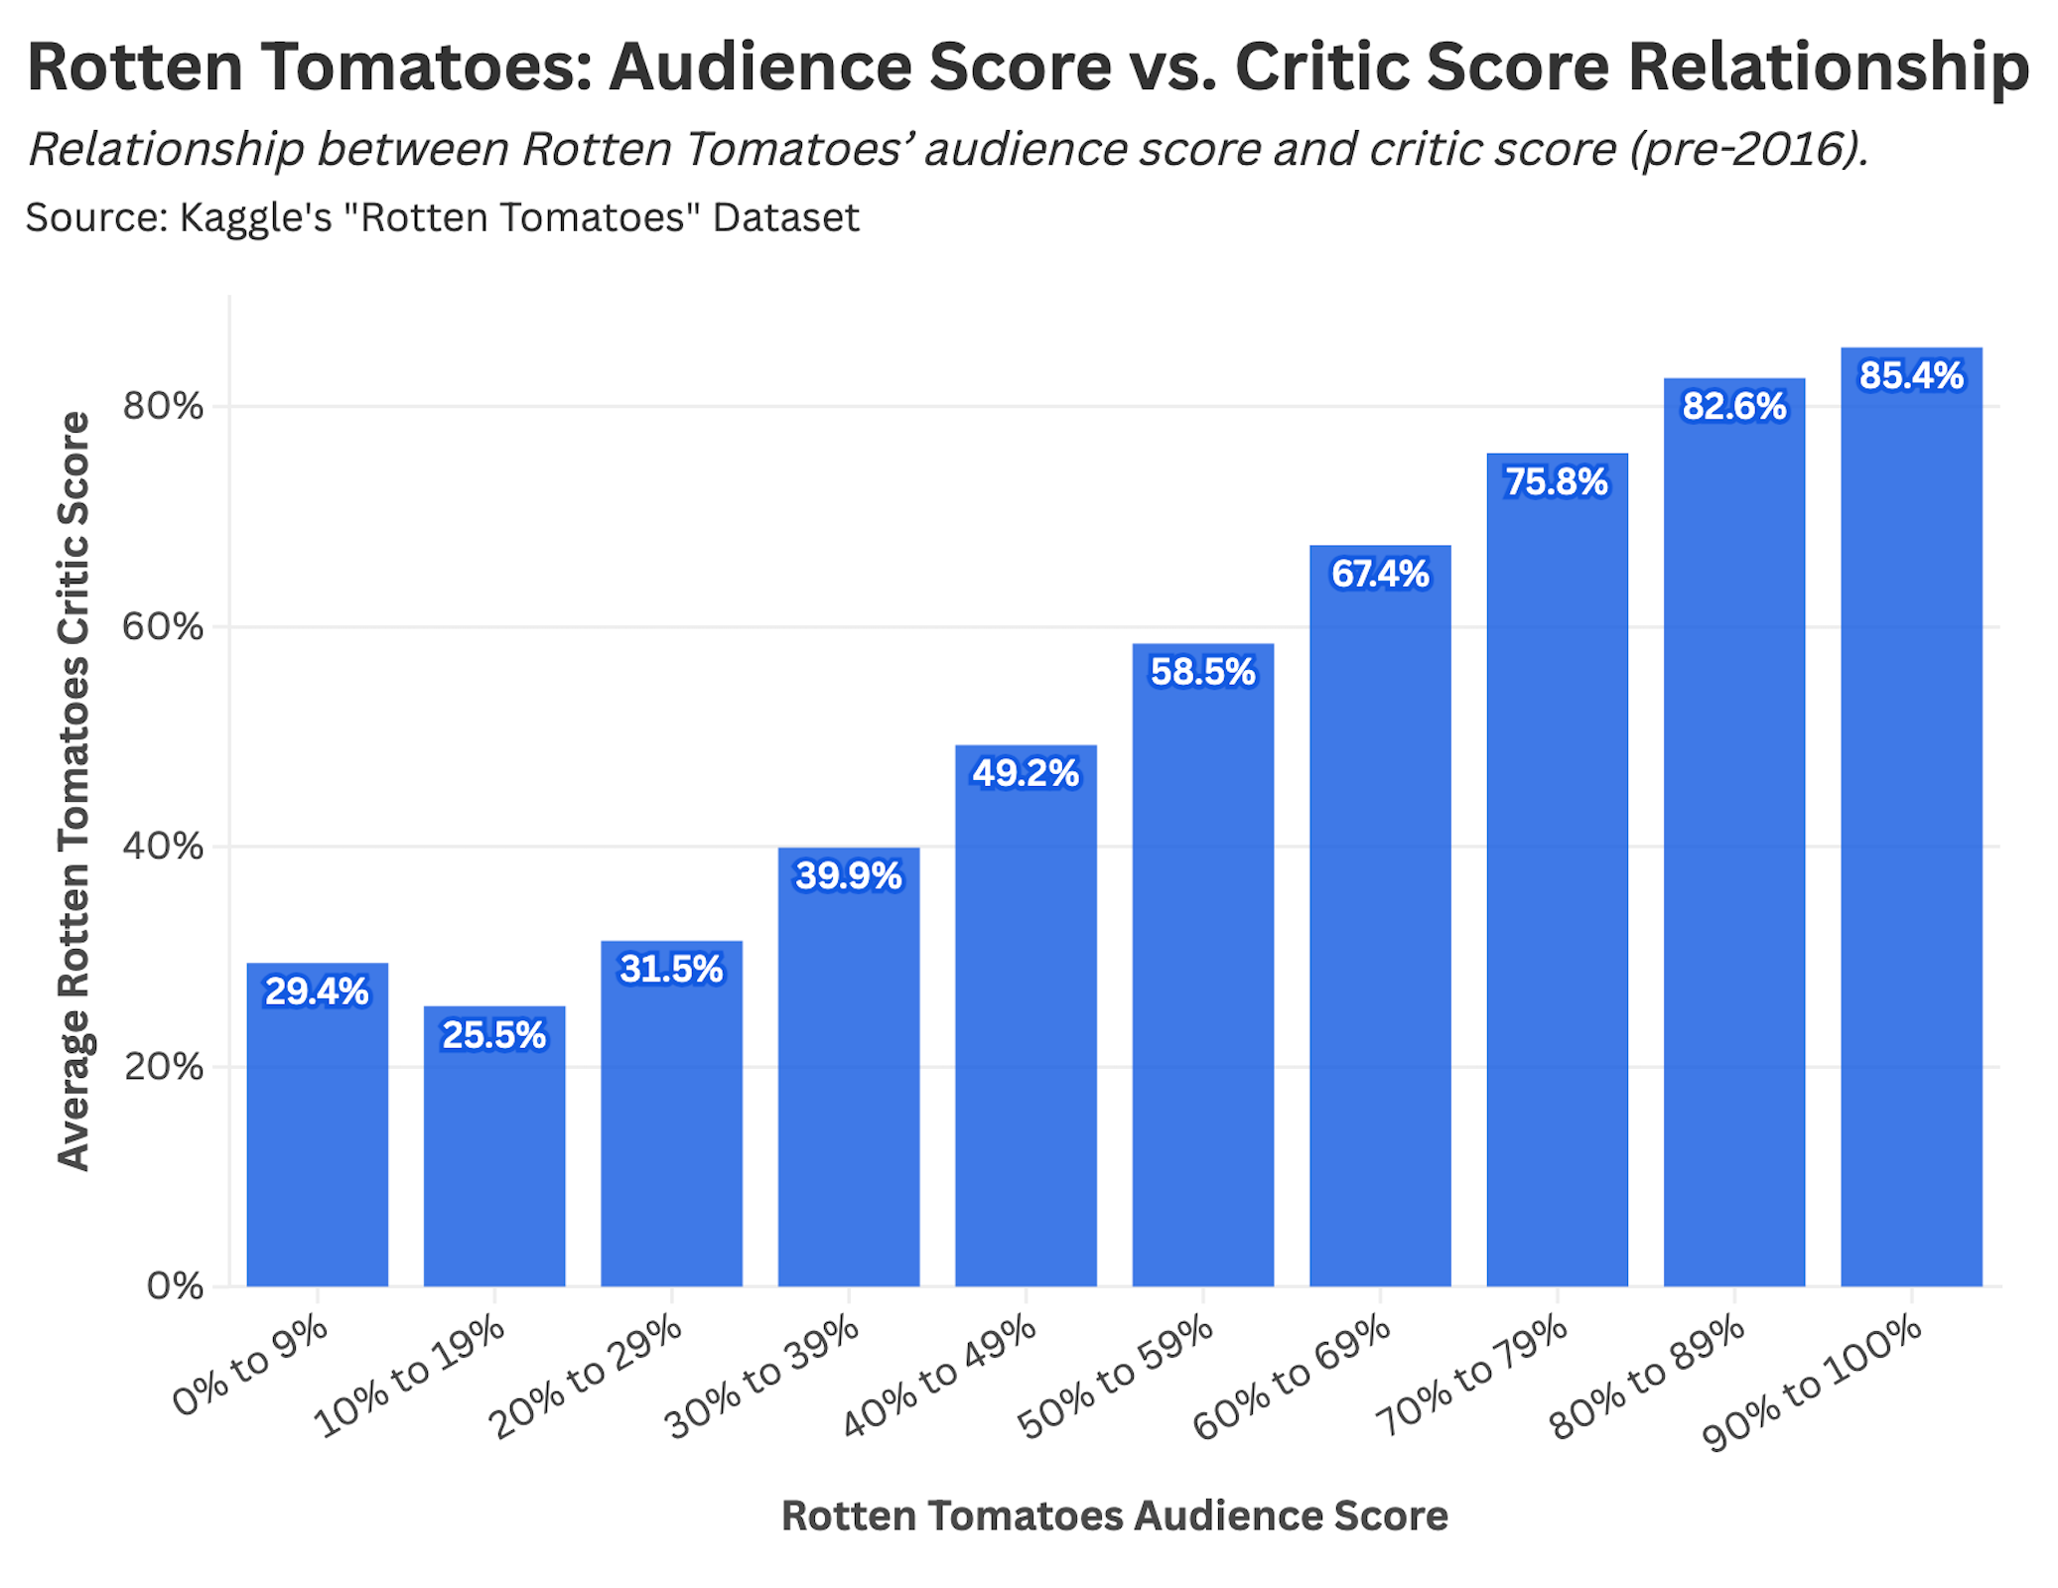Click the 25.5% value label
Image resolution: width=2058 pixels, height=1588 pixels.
pyautogui.click(x=493, y=1035)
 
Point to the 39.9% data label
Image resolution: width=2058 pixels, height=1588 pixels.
pyautogui.click(x=849, y=876)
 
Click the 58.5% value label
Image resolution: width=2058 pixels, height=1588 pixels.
pyautogui.click(x=1202, y=672)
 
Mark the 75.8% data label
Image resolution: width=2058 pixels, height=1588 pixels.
pyautogui.click(x=1557, y=482)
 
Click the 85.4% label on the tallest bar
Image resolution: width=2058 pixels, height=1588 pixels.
pyautogui.click(x=1911, y=376)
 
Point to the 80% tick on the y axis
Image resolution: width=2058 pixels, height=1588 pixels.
pyautogui.click(x=163, y=406)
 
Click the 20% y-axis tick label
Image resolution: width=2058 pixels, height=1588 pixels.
pyautogui.click(x=163, y=1067)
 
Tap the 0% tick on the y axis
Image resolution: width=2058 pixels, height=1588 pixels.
pyautogui.click(x=175, y=1286)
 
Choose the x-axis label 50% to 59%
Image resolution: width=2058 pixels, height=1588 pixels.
pyautogui.click(x=1116, y=1378)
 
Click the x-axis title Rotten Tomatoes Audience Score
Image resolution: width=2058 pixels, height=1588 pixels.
pyautogui.click(x=1114, y=1516)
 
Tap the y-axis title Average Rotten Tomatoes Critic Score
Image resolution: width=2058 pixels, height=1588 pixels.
pyautogui.click(x=73, y=791)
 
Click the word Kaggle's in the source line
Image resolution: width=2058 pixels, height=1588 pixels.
pyautogui.click(x=255, y=217)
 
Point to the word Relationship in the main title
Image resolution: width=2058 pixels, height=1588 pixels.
pyautogui.click(x=1829, y=67)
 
